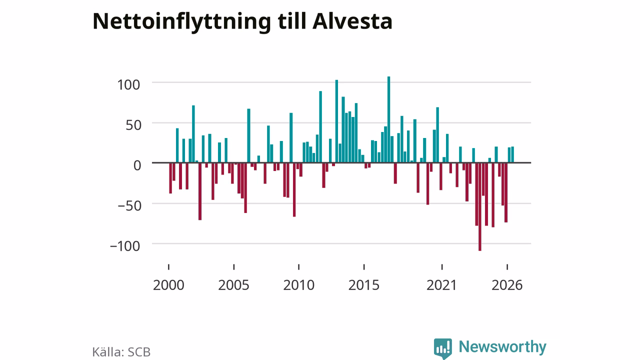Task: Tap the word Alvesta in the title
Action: [352, 21]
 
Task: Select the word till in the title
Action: [291, 21]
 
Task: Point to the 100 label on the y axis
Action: [128, 85]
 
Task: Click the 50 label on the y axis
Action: [133, 125]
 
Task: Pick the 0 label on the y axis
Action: [137, 165]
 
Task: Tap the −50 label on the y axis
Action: [129, 205]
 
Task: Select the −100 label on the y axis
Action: [125, 246]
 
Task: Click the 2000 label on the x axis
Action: [168, 285]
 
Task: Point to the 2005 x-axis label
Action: [233, 285]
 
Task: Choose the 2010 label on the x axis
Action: [299, 285]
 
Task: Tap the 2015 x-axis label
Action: [364, 285]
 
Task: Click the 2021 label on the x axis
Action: [441, 285]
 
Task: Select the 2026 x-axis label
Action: [507, 285]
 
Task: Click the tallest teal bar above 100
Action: [388, 119]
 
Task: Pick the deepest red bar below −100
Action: [479, 207]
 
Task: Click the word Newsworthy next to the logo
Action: [502, 347]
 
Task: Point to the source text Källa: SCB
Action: [121, 351]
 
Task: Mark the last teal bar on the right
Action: [512, 154]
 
